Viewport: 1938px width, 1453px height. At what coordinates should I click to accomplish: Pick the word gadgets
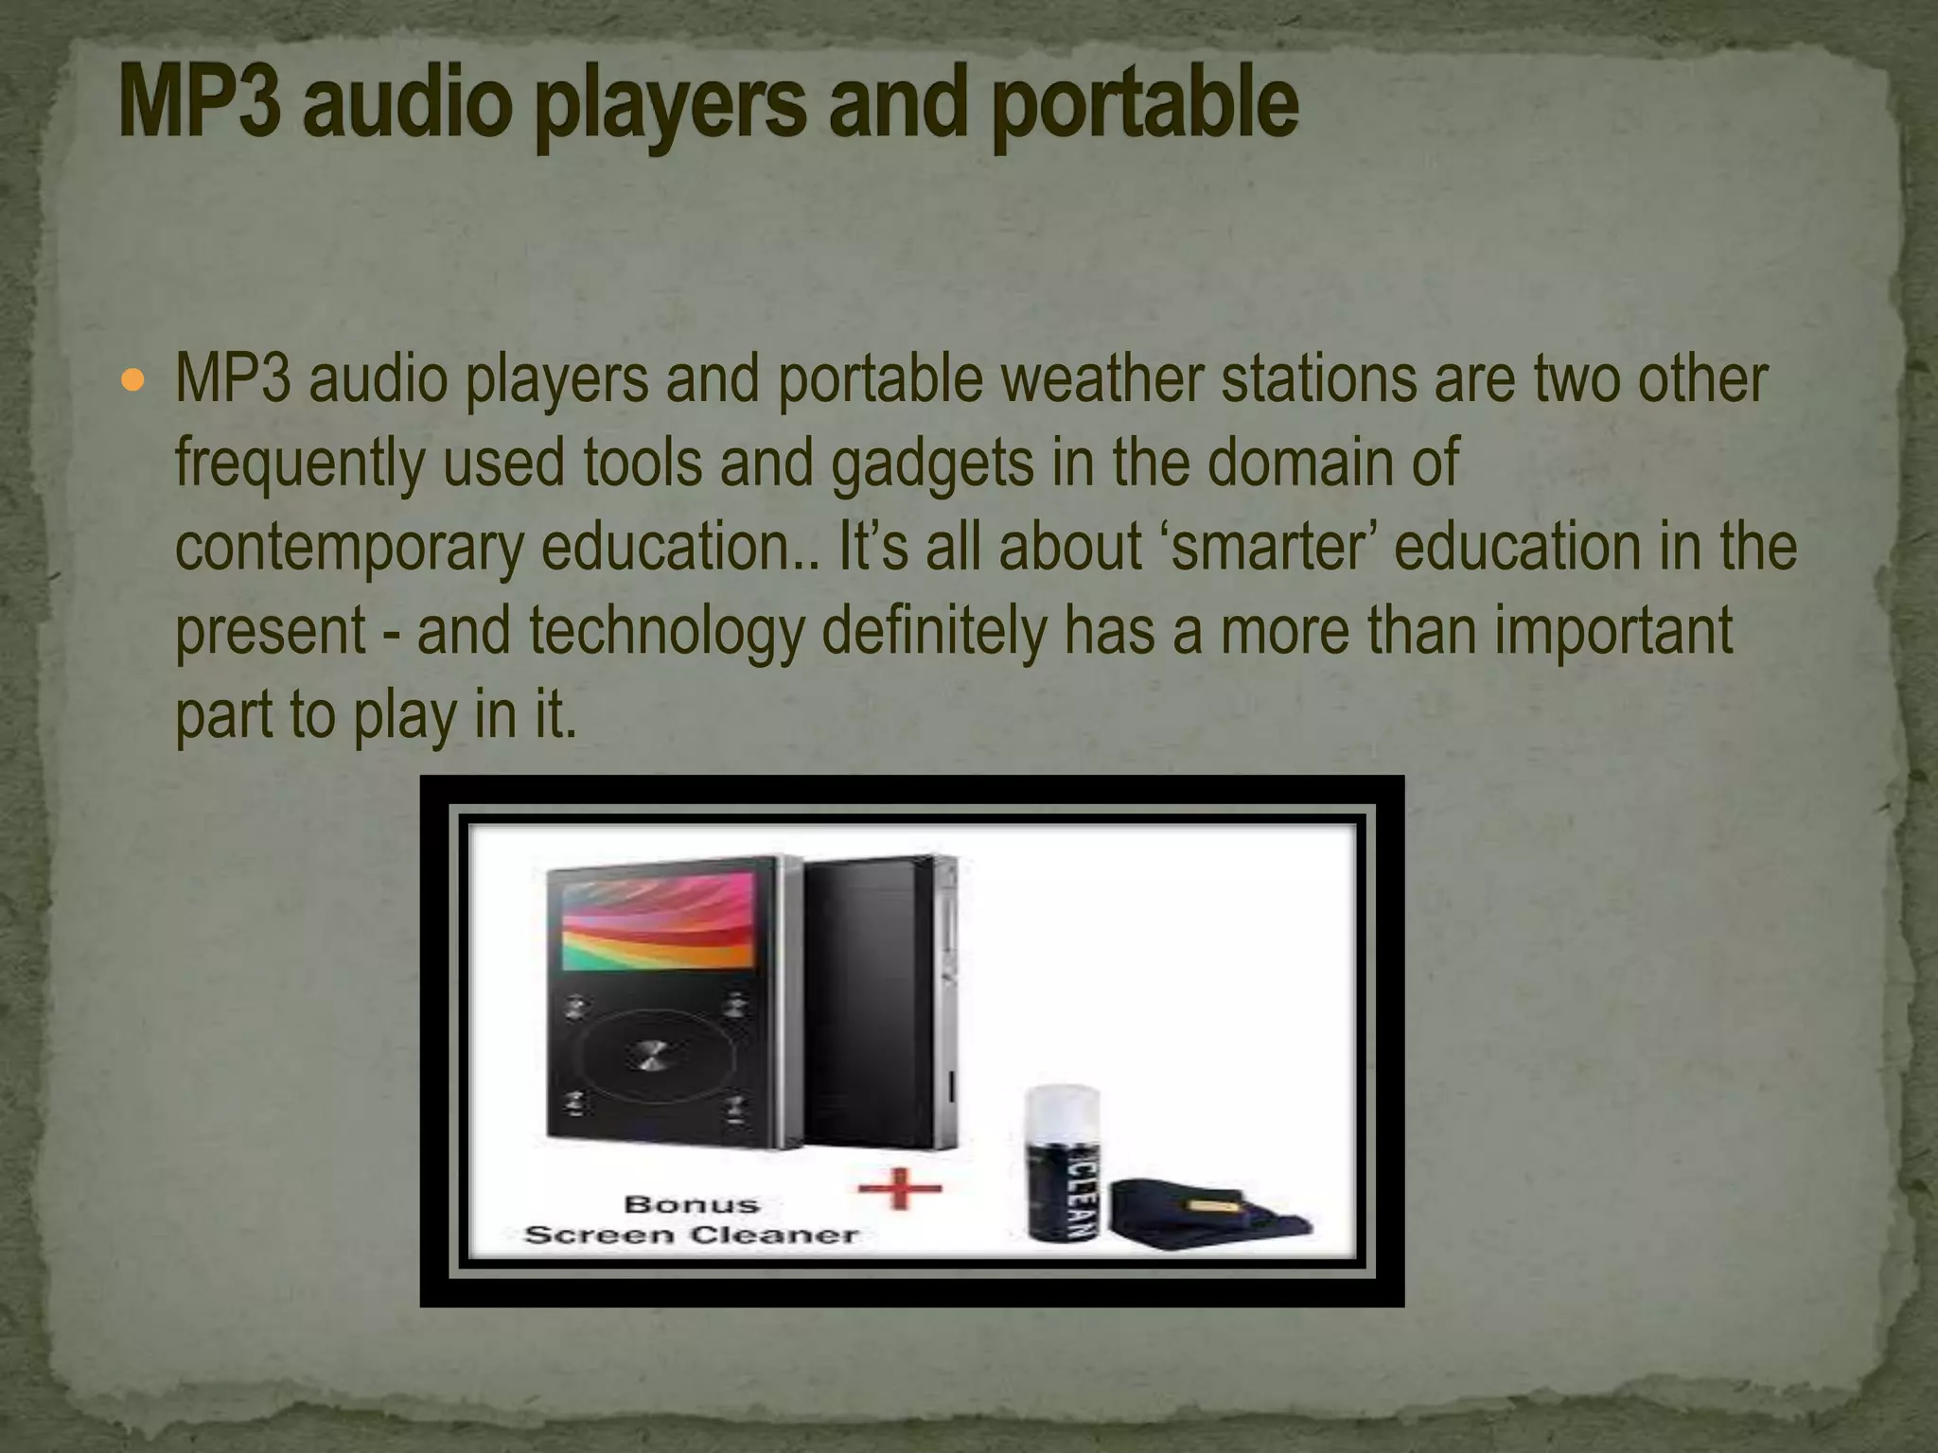click(933, 464)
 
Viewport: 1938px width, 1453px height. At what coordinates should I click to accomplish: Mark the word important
click(1613, 631)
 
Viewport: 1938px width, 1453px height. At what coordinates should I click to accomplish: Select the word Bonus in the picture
click(693, 1204)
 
